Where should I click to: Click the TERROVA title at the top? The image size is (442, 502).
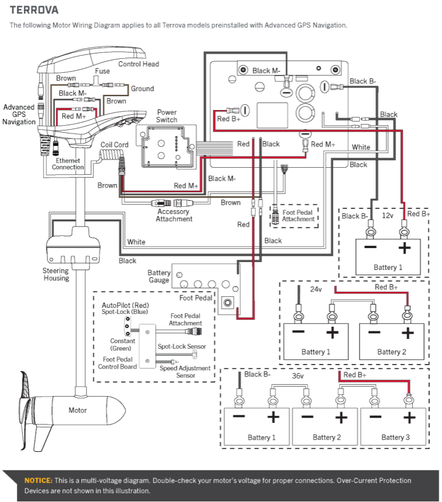pyautogui.click(x=34, y=10)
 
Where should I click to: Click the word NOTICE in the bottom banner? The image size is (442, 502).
pyautogui.click(x=38, y=480)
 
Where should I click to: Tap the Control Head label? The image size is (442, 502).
pyautogui.click(x=138, y=64)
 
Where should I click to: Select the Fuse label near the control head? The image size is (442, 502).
pyautogui.click(x=102, y=71)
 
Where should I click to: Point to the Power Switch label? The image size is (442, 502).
pyautogui.click(x=167, y=116)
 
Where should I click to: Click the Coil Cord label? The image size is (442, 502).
pyautogui.click(x=115, y=144)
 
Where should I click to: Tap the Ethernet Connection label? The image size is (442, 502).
pyautogui.click(x=68, y=164)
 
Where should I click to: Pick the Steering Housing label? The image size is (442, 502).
pyautogui.click(x=56, y=274)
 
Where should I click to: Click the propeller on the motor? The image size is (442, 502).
pyautogui.click(x=26, y=411)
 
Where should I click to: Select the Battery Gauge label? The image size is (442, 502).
pyautogui.click(x=159, y=276)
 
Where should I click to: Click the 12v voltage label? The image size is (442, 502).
pyautogui.click(x=388, y=215)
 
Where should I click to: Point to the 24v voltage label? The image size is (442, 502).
pyautogui.click(x=316, y=289)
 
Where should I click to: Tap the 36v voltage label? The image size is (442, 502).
pyautogui.click(x=298, y=376)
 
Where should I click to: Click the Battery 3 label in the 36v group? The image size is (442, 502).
pyautogui.click(x=395, y=437)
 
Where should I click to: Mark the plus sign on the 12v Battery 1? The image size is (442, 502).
pyautogui.click(x=404, y=248)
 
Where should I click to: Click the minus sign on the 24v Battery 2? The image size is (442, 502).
pyautogui.click(x=374, y=333)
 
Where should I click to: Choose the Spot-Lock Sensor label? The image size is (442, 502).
pyautogui.click(x=181, y=347)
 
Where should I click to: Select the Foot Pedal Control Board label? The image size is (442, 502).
pyautogui.click(x=117, y=363)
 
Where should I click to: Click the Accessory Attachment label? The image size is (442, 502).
pyautogui.click(x=174, y=215)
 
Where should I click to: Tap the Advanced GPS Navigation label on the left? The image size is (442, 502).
pyautogui.click(x=19, y=114)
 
